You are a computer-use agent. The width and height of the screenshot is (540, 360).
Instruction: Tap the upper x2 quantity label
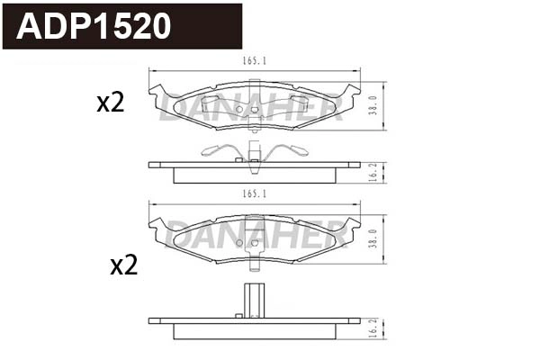click(110, 103)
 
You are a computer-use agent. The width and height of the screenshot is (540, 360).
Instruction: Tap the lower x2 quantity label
click(123, 265)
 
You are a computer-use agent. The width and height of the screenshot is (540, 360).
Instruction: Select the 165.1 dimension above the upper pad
click(256, 61)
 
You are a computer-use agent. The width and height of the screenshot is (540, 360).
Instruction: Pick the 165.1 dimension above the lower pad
click(256, 194)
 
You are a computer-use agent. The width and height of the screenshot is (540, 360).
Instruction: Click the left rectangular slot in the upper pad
click(217, 103)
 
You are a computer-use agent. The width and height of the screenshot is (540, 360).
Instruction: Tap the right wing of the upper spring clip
click(293, 149)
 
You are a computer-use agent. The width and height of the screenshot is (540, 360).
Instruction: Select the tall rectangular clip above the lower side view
click(255, 297)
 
